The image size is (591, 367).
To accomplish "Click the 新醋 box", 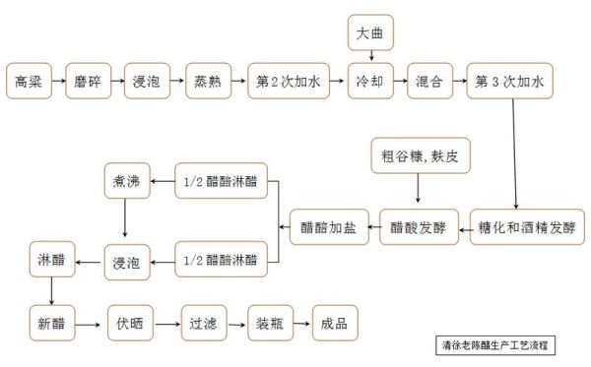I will (x=50, y=321).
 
